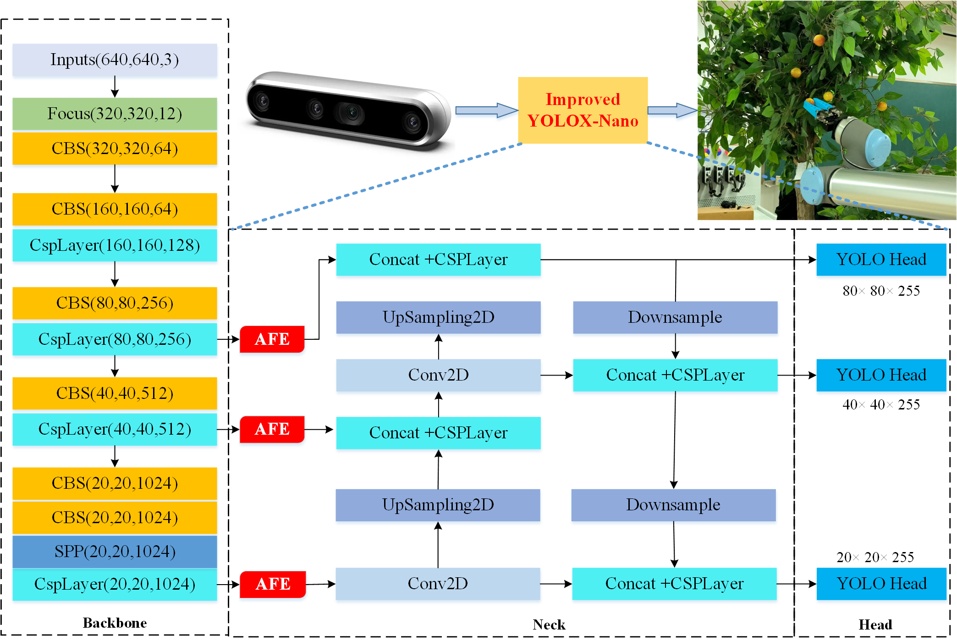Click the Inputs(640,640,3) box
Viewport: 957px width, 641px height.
[115, 60]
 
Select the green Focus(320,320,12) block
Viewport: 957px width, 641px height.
[115, 113]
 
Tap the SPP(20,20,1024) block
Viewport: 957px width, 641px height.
[115, 551]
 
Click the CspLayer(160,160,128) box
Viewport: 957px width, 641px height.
[115, 245]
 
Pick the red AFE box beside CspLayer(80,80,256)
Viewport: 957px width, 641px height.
[272, 339]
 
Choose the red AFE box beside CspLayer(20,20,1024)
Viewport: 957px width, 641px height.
[273, 584]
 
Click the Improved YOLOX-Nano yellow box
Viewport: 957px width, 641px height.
[583, 111]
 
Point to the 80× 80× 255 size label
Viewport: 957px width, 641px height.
[881, 291]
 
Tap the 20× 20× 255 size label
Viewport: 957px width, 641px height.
[875, 557]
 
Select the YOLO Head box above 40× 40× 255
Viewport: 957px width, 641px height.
[881, 375]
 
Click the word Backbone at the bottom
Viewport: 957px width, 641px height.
[115, 623]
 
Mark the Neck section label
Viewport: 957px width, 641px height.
[549, 624]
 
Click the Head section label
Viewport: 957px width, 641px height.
[875, 624]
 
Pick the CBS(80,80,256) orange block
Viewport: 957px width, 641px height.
[115, 303]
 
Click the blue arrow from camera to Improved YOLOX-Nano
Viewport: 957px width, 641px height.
[486, 111]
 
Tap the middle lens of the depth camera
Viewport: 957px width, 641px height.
[352, 111]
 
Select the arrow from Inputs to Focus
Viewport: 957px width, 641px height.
[115, 86]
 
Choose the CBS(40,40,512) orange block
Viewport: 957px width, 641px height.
[115, 393]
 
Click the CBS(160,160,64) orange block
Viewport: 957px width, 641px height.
[115, 209]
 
